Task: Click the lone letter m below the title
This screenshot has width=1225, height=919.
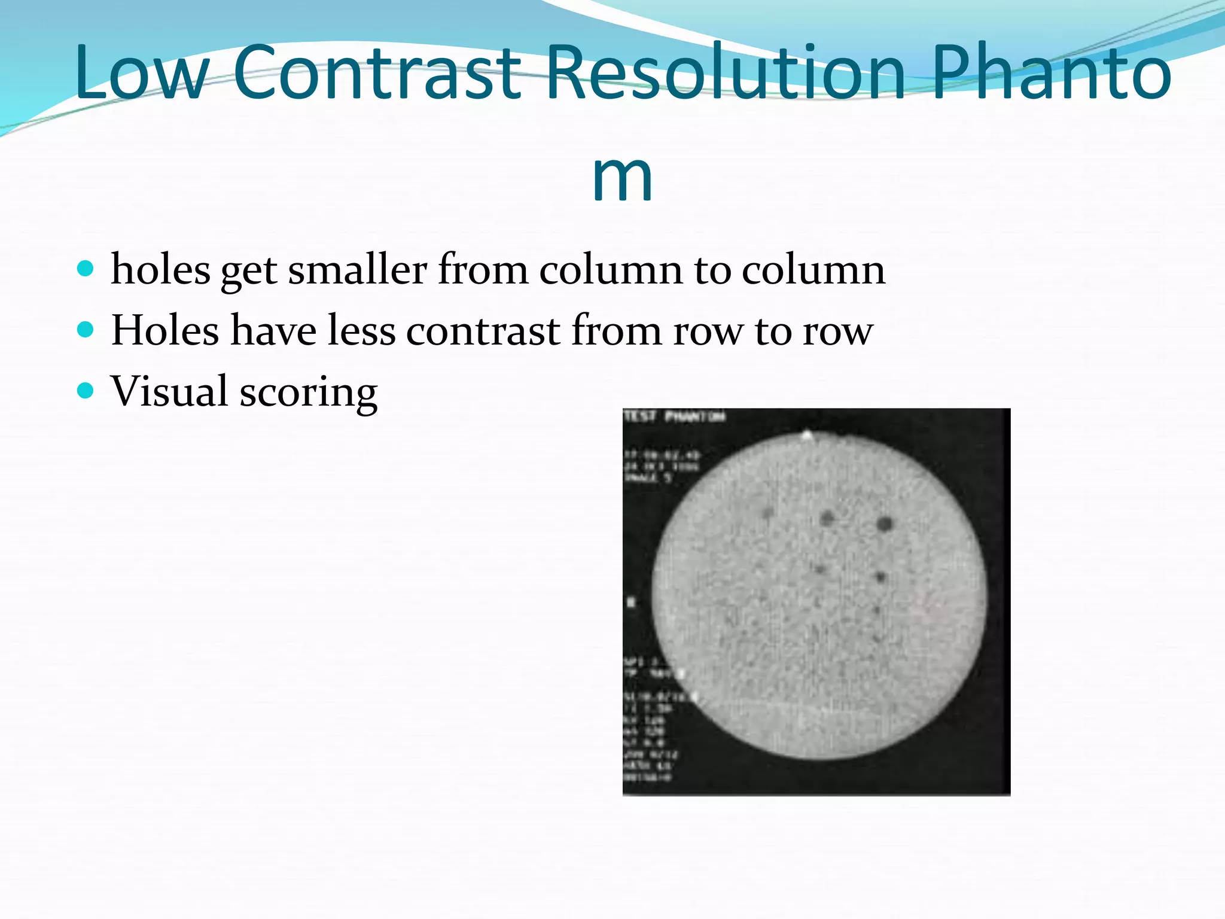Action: click(x=622, y=178)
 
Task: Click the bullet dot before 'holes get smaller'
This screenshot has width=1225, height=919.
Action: click(x=86, y=269)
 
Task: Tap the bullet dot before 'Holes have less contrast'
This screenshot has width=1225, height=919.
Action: click(x=86, y=330)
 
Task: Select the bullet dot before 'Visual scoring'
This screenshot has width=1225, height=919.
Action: click(x=86, y=391)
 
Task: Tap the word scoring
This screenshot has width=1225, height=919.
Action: click(x=309, y=394)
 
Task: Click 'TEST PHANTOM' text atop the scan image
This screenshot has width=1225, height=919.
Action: click(x=674, y=416)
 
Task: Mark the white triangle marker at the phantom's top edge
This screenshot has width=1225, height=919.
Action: click(x=807, y=435)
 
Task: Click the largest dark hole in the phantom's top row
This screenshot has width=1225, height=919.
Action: click(x=884, y=525)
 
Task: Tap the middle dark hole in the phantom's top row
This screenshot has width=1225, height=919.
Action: click(x=827, y=518)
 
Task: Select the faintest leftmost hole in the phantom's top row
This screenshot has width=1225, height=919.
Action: click(x=768, y=513)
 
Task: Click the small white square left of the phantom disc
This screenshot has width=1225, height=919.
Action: click(x=631, y=601)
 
